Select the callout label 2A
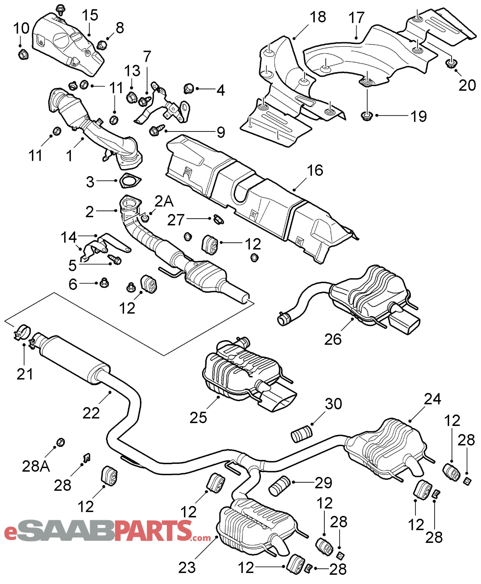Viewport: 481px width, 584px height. [x=164, y=201]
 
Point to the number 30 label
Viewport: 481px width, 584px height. [x=333, y=404]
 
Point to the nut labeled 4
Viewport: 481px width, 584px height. [x=189, y=88]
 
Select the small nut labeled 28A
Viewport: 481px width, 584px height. [x=60, y=442]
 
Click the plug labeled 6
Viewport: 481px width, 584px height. [x=104, y=283]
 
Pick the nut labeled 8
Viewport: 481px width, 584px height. [x=102, y=45]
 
